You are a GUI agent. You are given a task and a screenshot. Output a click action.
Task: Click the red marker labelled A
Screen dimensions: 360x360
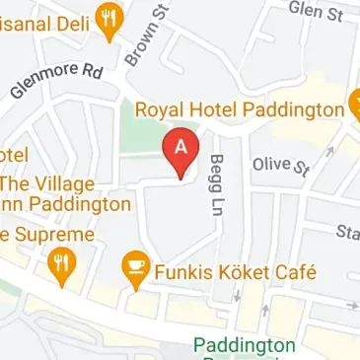coord(181,149)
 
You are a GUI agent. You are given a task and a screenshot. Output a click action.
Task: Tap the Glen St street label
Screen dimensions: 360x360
coord(315,11)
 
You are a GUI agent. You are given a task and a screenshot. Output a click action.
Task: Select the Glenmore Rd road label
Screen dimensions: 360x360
coord(56,84)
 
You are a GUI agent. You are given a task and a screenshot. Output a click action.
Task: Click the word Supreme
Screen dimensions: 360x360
coord(57,235)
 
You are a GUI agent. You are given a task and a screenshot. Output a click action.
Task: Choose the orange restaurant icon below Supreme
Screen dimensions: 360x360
coord(62,263)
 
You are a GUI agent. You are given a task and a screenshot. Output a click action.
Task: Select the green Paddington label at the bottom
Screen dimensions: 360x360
coord(244,346)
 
